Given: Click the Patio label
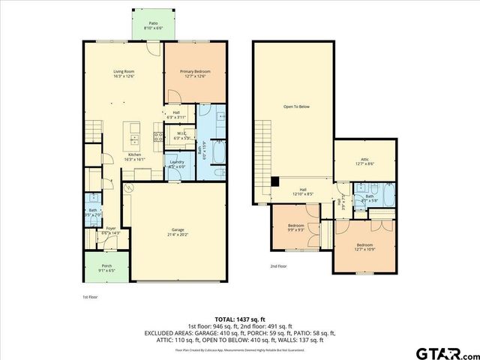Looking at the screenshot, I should click(153, 23).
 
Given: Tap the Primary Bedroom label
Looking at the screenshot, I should click(195, 71).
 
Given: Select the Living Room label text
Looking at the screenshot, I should click(124, 71).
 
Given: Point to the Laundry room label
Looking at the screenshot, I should click(177, 162).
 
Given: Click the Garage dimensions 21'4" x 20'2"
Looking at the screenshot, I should click(178, 233).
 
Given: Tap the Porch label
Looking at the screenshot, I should click(106, 265).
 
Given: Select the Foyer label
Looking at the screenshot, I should click(110, 229).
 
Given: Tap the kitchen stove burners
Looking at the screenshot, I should click(158, 136).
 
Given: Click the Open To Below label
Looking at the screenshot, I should click(295, 106).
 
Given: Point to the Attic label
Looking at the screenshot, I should click(364, 159).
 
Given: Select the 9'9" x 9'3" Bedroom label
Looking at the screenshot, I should click(295, 226).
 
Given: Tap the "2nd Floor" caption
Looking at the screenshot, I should click(278, 265).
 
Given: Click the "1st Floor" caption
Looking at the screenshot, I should click(90, 297).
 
